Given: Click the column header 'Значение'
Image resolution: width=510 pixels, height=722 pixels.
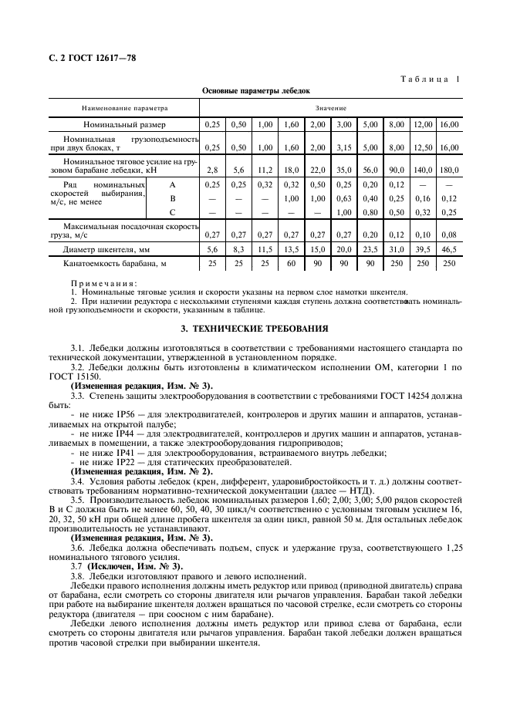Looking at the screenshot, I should (330, 108).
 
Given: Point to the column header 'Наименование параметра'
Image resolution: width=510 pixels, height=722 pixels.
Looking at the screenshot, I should (124, 108).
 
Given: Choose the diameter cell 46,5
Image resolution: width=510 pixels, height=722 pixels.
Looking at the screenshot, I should (448, 249).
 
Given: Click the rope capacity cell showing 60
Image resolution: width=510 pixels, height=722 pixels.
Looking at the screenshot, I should (291, 264).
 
